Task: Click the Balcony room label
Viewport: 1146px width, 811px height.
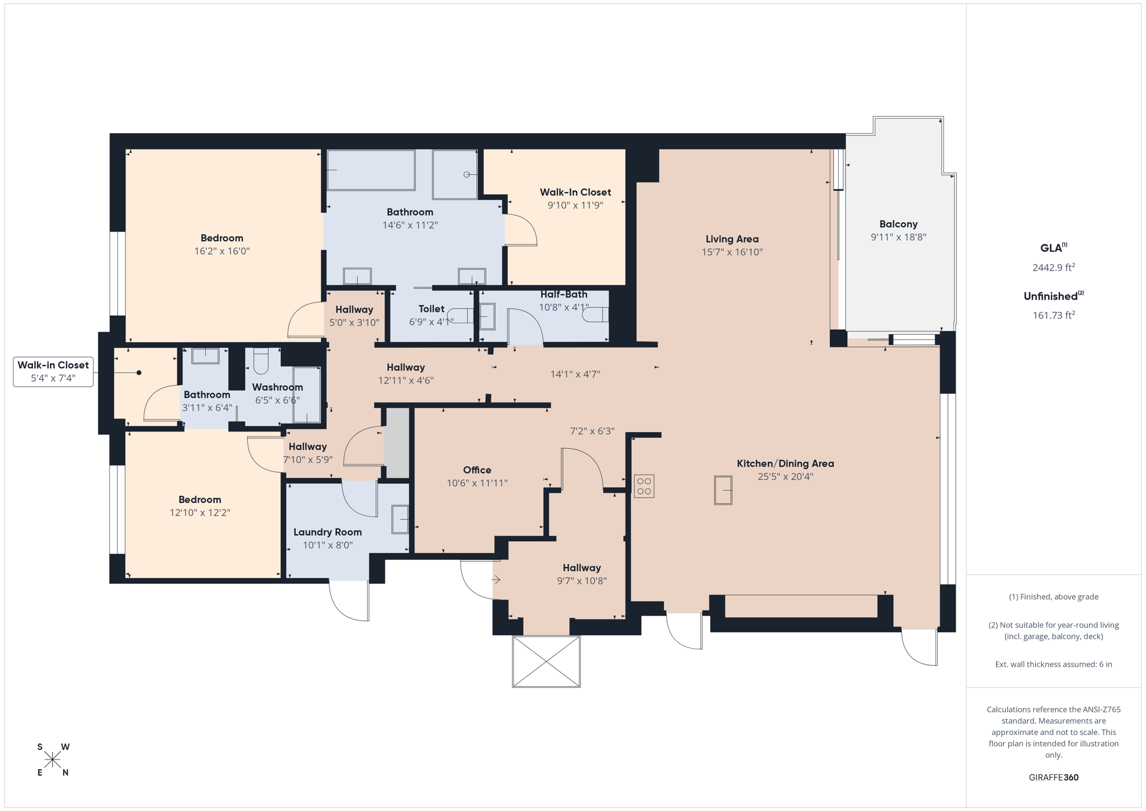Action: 898,224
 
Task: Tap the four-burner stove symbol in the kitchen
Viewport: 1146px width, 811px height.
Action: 644,486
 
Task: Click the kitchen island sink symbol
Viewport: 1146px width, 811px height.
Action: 723,490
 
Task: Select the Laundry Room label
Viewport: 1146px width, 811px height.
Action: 327,532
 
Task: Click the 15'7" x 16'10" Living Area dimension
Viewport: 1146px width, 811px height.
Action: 732,252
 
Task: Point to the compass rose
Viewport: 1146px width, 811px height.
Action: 53,760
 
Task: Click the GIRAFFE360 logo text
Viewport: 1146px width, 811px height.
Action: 1053,777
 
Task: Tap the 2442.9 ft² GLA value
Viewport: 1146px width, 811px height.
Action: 1053,268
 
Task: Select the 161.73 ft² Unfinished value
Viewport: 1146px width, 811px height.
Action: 1053,316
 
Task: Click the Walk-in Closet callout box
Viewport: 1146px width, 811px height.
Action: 53,372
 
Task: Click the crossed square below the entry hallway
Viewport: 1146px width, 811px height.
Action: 546,662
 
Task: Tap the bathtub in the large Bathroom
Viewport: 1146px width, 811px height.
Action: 371,170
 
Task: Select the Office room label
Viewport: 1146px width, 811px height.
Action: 477,470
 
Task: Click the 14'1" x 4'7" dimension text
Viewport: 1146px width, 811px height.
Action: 575,374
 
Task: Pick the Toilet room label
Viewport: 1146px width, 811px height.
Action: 431,309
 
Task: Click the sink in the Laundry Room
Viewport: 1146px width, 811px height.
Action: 400,519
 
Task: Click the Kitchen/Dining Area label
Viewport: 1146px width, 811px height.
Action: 785,463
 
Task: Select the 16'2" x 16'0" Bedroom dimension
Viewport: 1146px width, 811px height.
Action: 222,251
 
